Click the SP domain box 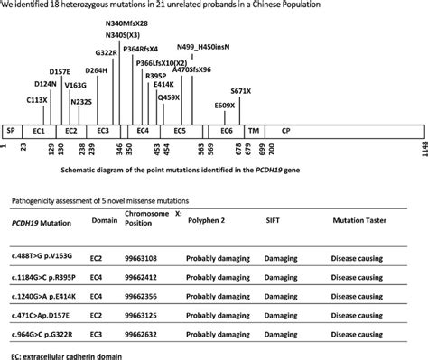(10, 131)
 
